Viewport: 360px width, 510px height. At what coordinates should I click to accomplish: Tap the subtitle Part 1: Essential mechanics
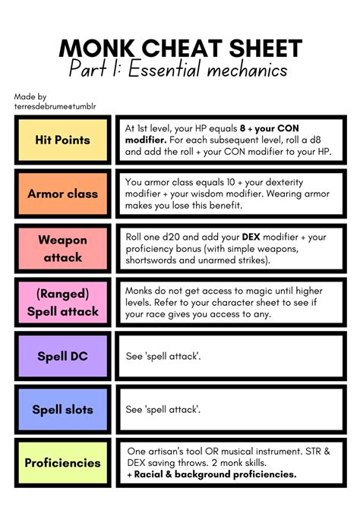point(179,71)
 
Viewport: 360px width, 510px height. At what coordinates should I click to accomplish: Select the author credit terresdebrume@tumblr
point(55,106)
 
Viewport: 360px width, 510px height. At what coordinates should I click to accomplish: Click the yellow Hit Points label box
point(62,140)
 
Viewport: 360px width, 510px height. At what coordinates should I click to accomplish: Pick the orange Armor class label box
point(62,194)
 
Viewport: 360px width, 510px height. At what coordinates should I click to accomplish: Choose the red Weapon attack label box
point(62,248)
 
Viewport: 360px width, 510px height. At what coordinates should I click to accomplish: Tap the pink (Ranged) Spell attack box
point(62,302)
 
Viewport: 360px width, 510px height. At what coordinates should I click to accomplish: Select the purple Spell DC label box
point(62,356)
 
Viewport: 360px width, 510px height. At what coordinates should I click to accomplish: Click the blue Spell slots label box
point(62,410)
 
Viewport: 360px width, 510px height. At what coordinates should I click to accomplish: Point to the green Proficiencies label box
point(62,463)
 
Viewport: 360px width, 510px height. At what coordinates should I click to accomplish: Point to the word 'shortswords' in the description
point(157,261)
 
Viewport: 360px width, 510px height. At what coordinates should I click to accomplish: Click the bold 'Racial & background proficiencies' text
point(213,475)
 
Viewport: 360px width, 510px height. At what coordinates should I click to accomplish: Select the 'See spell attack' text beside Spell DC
point(163,356)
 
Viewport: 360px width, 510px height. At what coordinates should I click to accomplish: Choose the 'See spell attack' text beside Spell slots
point(163,410)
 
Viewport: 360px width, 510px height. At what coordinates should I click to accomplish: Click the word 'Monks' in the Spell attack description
point(143,290)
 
